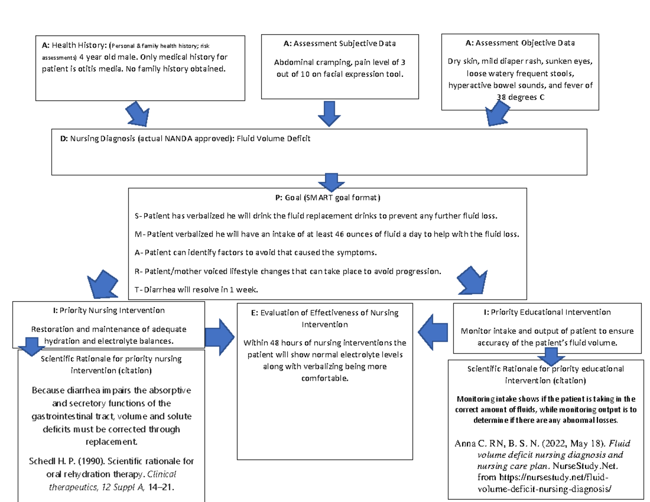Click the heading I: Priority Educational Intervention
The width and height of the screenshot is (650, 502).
click(x=547, y=312)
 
